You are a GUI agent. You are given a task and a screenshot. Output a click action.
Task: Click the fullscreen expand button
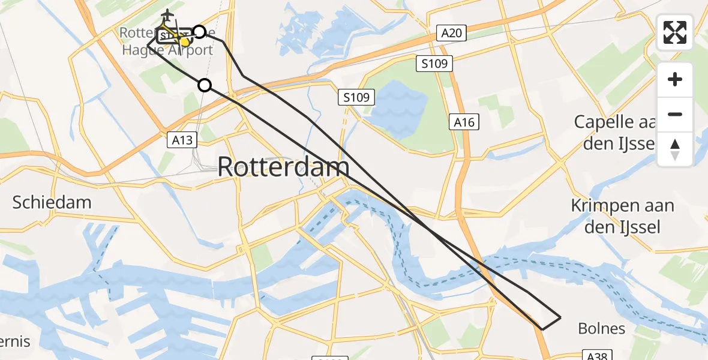tap(675, 32)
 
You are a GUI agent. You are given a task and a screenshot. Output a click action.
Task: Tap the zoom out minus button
tap(675, 114)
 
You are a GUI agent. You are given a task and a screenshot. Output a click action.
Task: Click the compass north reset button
tap(675, 149)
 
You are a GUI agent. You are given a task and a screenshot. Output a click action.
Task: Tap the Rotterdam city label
tap(283, 166)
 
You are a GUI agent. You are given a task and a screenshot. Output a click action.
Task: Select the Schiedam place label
tap(52, 202)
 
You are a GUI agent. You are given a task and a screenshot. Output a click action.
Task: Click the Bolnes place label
tap(601, 328)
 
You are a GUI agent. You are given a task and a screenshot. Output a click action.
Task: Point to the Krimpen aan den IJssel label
tap(622, 216)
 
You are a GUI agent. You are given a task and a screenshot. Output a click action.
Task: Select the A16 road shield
tap(464, 122)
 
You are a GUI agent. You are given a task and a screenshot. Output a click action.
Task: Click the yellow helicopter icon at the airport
tap(185, 41)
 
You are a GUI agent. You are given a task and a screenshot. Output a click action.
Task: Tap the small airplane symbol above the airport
tap(167, 15)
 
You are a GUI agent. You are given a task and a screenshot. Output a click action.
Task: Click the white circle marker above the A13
tap(205, 85)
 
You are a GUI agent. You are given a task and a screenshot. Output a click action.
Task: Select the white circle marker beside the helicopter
tap(199, 32)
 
